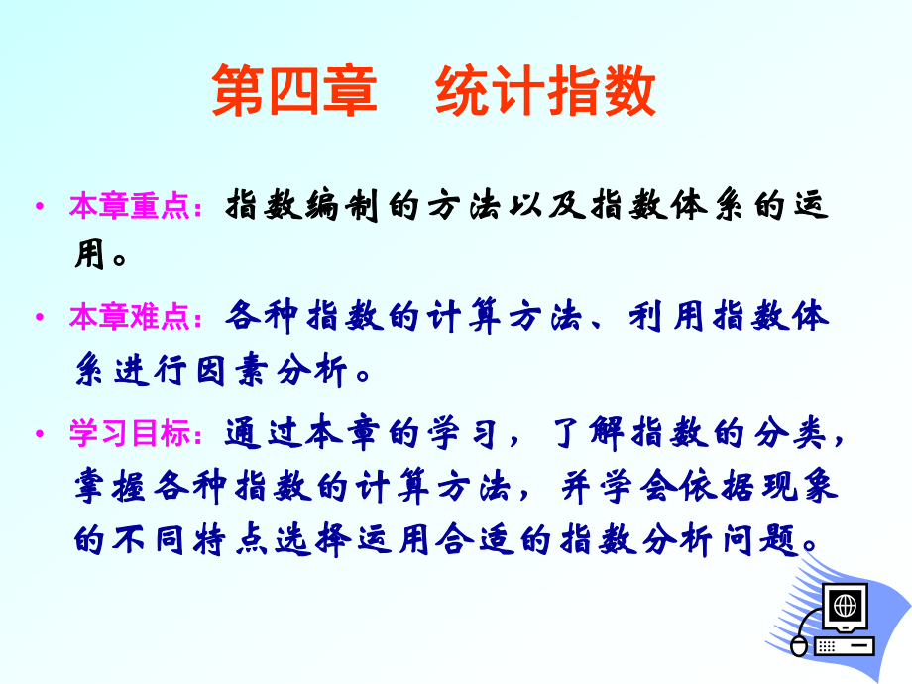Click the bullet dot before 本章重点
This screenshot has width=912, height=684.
[40, 206]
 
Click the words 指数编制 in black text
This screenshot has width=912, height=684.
[302, 206]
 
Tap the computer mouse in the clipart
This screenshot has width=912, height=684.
[800, 647]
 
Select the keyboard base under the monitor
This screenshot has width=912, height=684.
[845, 646]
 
